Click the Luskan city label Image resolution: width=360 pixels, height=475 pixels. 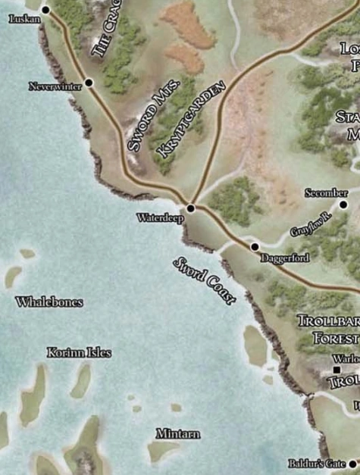23,17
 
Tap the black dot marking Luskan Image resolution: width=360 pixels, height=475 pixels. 45,10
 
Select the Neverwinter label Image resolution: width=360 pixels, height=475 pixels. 55,86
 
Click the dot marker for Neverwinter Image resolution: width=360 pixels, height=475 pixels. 89,82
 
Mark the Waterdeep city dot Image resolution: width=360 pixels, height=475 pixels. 191,208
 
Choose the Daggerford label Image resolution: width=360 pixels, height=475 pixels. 284,258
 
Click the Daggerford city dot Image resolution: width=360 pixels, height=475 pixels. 255,246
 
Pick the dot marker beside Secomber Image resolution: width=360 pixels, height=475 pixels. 343,204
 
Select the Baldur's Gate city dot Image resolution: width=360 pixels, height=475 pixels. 352,463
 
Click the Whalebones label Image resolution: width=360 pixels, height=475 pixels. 49,302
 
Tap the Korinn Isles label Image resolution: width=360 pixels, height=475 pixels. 79,353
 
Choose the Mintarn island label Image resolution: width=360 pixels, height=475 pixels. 177,434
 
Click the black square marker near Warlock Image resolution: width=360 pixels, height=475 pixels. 336,370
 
